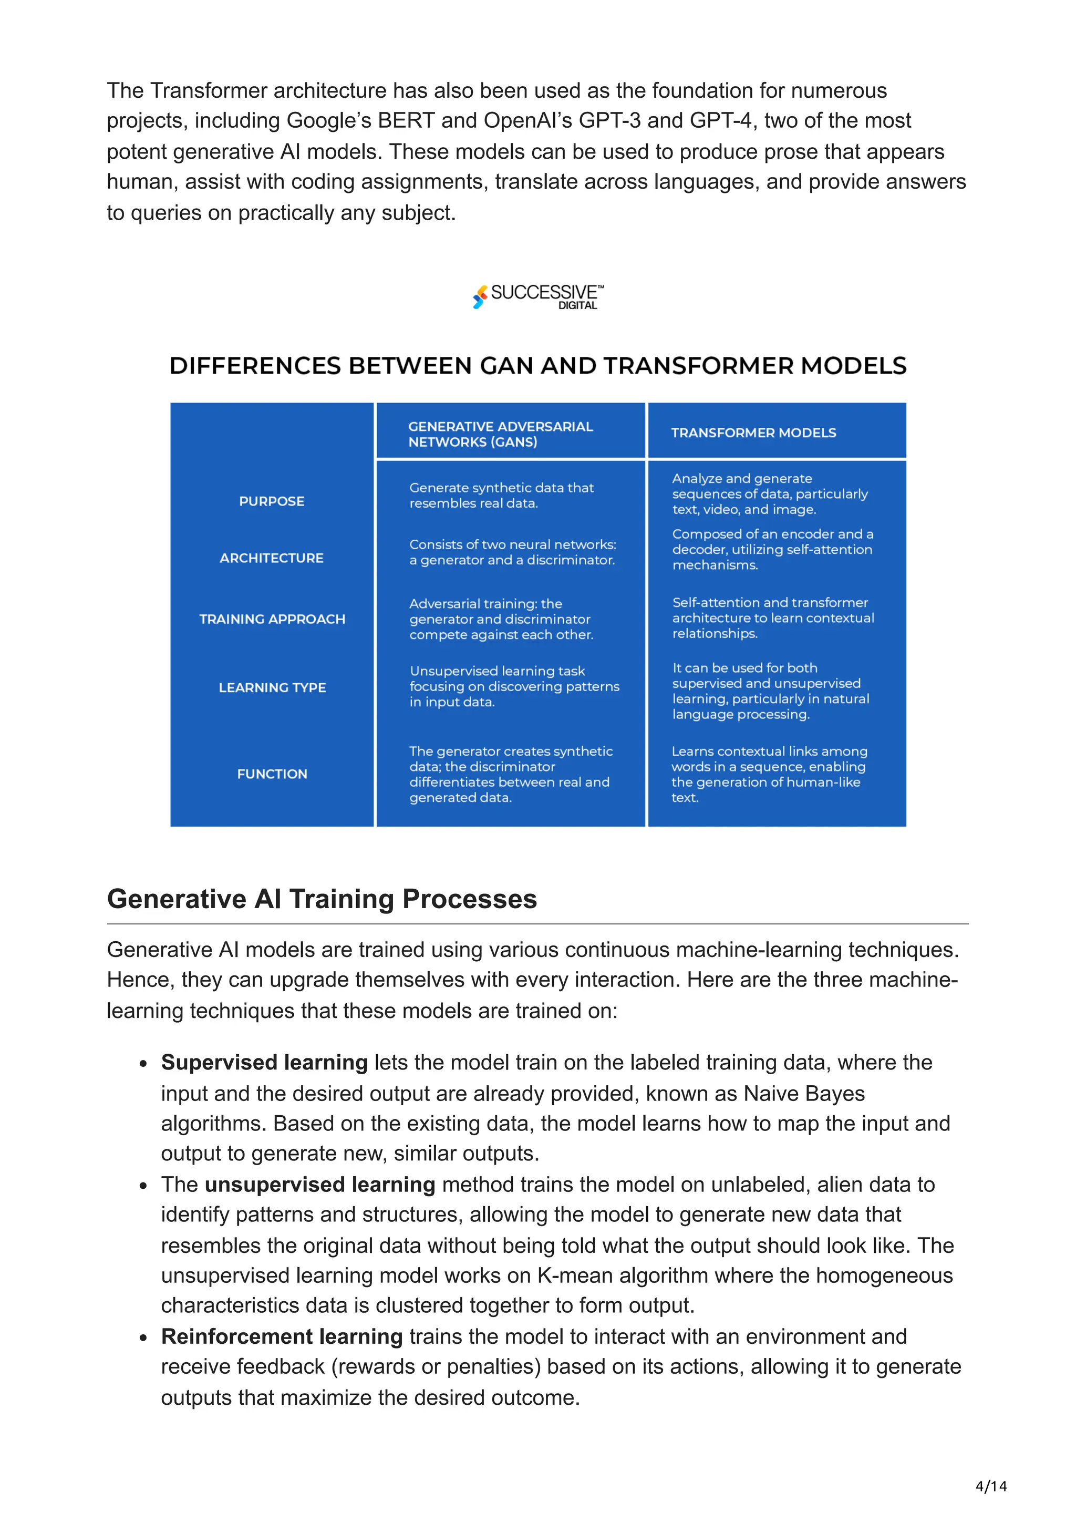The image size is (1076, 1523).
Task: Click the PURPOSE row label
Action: [272, 501]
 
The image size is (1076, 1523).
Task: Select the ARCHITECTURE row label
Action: [272, 559]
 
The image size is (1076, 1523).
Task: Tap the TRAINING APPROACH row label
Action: [272, 620]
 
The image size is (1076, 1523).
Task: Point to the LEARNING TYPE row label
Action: [272, 688]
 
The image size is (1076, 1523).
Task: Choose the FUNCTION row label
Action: [272, 774]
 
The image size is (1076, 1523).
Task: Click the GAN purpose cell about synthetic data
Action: [501, 496]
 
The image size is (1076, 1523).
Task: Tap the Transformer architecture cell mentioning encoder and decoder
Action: [772, 550]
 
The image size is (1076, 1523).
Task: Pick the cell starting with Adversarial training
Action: [501, 620]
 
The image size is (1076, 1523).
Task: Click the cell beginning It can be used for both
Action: [770, 691]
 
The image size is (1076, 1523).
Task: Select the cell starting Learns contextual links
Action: [769, 774]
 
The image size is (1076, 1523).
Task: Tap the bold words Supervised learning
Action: [264, 1063]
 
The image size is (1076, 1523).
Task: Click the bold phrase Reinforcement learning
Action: [282, 1336]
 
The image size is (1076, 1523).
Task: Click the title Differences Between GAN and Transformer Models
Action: [537, 366]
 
